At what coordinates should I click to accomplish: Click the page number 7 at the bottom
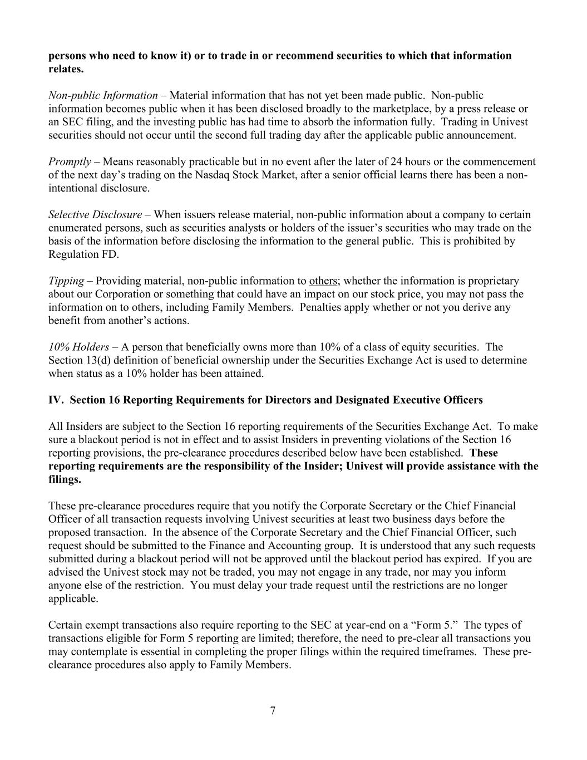coord(273,710)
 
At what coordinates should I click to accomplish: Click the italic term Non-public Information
coord(103,96)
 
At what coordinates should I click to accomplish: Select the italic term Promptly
coord(70,162)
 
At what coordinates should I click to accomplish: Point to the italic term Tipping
coord(66,281)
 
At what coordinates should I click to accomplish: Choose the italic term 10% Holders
coord(78,347)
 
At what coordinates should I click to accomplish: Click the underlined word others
coord(324,281)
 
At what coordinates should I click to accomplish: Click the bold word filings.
coord(65,479)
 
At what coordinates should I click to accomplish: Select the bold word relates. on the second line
coord(66,69)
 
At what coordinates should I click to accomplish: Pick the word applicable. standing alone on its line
coord(73,599)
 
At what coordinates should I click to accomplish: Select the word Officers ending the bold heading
coord(462,400)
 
